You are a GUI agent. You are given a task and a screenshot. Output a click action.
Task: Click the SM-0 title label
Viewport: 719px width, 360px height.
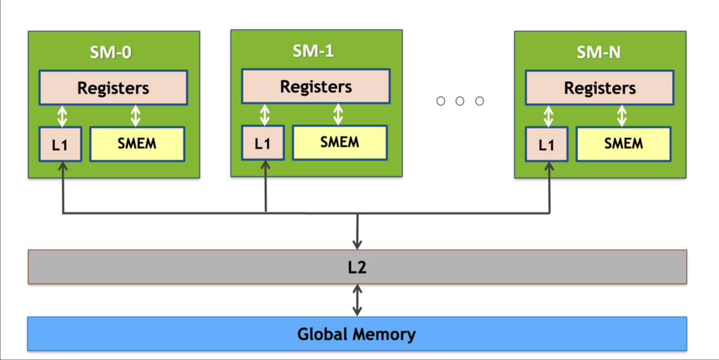[x=111, y=52]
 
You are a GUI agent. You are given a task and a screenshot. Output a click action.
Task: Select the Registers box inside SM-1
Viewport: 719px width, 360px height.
[x=315, y=86]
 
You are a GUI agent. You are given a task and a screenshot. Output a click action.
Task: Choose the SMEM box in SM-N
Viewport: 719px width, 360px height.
[x=623, y=144]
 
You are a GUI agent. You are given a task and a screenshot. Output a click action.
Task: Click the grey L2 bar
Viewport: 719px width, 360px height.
[x=357, y=267]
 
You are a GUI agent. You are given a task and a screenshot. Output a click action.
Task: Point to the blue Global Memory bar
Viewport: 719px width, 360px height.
[x=357, y=334]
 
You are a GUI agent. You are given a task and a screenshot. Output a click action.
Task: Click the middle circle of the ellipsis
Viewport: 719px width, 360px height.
[x=460, y=101]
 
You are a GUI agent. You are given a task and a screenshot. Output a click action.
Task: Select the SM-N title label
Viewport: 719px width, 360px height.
[x=598, y=52]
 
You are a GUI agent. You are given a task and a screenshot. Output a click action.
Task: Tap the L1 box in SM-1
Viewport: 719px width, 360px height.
[x=262, y=143]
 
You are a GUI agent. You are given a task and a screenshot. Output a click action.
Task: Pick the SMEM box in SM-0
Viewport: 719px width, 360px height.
[x=137, y=144]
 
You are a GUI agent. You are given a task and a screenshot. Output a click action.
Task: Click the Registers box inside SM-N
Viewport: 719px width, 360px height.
[x=599, y=88]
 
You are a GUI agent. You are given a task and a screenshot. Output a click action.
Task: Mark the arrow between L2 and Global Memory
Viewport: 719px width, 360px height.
[x=357, y=300]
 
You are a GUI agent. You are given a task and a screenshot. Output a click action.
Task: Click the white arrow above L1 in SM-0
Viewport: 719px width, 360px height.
[x=62, y=116]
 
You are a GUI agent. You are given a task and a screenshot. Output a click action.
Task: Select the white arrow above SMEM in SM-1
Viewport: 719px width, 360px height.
[x=338, y=114]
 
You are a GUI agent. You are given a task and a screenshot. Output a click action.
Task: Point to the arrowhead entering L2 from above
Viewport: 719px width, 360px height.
[x=357, y=244]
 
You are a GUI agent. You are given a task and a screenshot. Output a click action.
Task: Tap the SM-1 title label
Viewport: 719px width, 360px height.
[x=313, y=51]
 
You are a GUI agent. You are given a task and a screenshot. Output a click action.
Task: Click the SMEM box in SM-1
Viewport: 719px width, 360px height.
[x=340, y=142]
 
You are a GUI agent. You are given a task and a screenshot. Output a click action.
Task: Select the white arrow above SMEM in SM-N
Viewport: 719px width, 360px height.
[x=622, y=116]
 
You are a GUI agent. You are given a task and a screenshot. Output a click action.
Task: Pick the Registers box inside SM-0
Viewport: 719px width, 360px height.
[x=113, y=88]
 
